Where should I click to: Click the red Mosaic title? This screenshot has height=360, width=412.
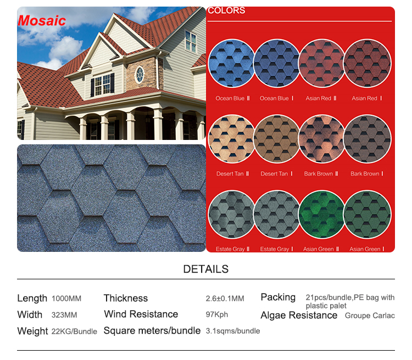coord(42,20)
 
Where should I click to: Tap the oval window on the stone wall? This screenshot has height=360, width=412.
coord(140,75)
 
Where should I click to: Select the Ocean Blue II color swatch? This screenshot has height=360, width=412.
coord(231,63)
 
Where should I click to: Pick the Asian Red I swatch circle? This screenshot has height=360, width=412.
coord(367,63)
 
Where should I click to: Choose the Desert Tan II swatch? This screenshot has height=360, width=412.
coord(231,139)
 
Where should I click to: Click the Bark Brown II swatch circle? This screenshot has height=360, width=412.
coord(322,139)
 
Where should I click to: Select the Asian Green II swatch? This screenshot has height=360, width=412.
coord(322,214)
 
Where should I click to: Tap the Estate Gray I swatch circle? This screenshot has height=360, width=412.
coord(277,214)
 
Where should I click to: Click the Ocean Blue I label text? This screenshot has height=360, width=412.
coord(276,98)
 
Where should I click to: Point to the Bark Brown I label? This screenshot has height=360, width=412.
coord(367,173)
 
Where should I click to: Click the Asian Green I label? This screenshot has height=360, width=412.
coord(367,249)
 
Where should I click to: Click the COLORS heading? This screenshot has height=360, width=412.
coord(226,10)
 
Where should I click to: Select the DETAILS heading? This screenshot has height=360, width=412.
coord(206,269)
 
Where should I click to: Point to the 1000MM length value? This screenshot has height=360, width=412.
coord(66,299)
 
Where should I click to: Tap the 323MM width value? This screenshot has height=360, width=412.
coord(64,315)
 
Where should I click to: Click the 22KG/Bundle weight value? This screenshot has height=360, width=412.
coord(74,331)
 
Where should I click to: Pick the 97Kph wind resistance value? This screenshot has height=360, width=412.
coord(217,314)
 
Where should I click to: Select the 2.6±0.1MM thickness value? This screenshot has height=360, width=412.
coord(225,299)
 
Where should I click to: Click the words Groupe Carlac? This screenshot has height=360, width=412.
coord(370,316)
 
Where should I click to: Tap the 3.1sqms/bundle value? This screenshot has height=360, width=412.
coord(233,331)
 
